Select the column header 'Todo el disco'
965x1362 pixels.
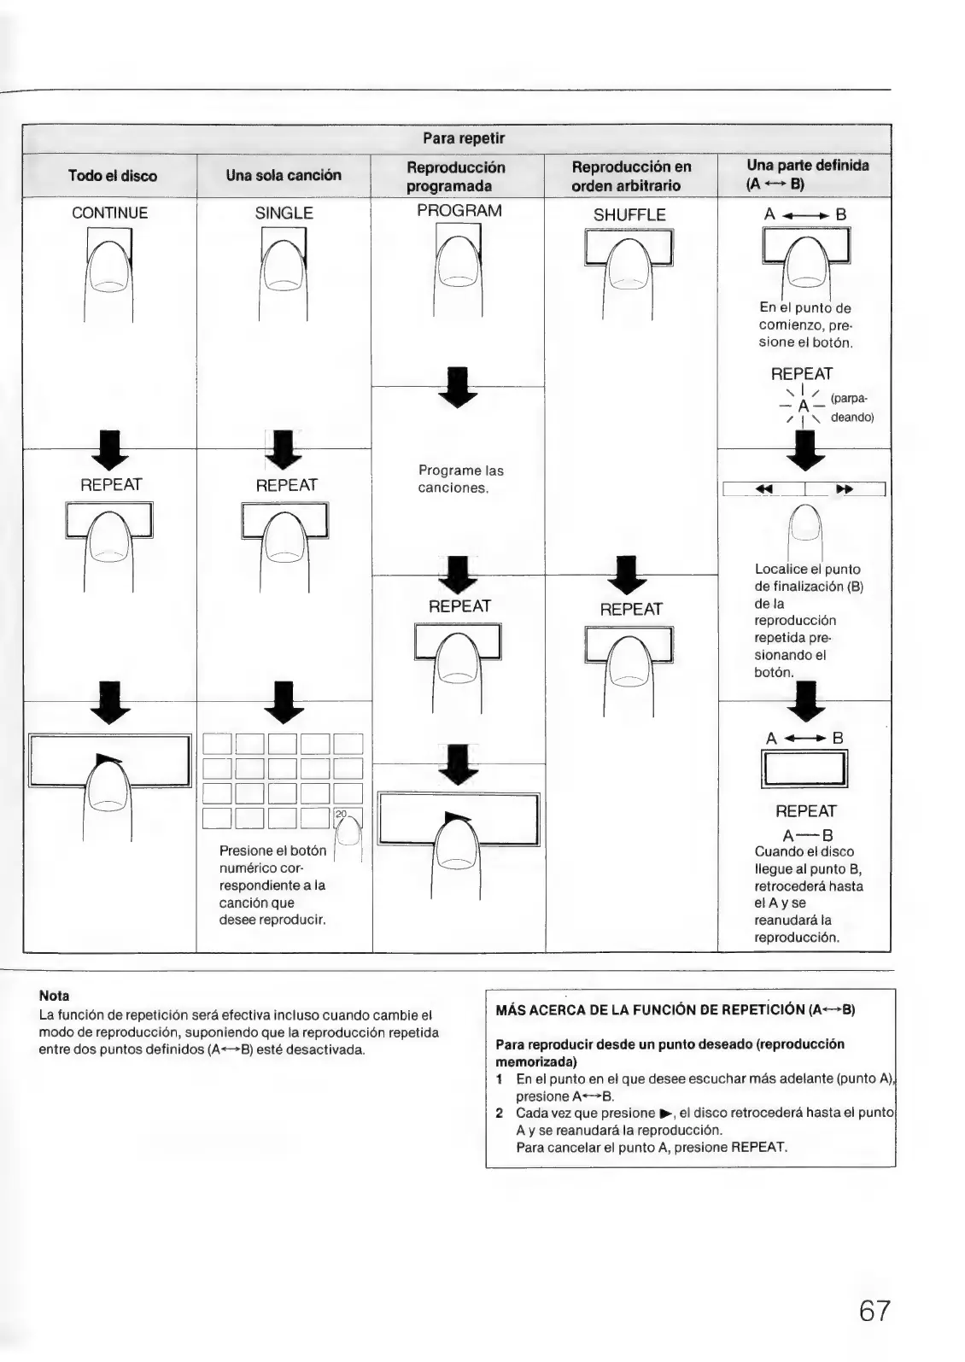click(113, 176)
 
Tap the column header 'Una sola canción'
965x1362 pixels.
click(284, 175)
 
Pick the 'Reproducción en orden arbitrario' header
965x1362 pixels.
click(631, 176)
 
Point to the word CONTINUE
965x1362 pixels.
click(109, 213)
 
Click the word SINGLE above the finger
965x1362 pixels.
click(284, 213)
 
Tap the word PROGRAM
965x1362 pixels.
click(459, 211)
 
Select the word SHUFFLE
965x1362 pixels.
click(629, 215)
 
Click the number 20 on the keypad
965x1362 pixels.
click(342, 814)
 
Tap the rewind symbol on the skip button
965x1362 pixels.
click(764, 489)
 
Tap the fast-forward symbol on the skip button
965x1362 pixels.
click(845, 489)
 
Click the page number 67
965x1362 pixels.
click(874, 1310)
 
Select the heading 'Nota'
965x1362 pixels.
click(54, 996)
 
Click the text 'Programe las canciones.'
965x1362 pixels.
click(460, 479)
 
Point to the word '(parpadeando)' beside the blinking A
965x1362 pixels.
click(851, 407)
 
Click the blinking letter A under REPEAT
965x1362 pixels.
click(803, 406)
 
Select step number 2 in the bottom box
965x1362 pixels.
click(500, 1113)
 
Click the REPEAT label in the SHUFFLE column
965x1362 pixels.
click(630, 609)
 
